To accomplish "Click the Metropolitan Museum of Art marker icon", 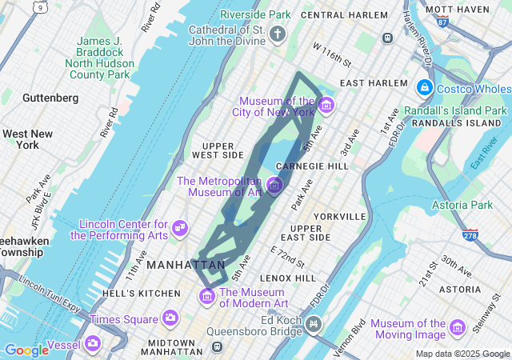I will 274,186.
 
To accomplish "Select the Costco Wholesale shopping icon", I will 424,87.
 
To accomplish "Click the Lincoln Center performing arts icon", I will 180,228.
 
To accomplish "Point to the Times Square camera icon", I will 170,318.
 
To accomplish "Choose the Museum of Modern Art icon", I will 207,297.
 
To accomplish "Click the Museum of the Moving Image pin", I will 457,328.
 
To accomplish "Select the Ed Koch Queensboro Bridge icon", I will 314,325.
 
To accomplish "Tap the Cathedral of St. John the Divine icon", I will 278,34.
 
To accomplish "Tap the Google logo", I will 26,350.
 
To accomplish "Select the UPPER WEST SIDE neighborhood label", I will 218,150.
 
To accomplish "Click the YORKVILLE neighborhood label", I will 340,216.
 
